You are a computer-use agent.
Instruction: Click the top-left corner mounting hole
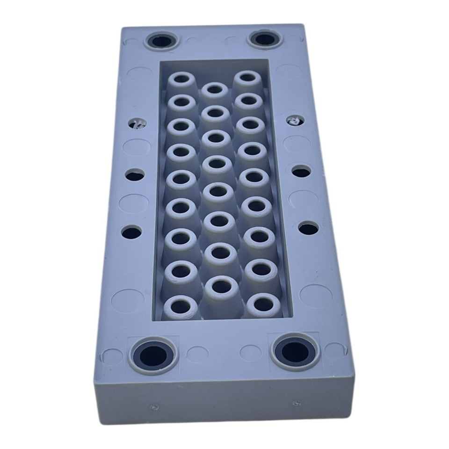coord(162,42)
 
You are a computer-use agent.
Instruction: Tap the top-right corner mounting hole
coord(264,39)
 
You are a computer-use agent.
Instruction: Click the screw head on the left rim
coord(138,123)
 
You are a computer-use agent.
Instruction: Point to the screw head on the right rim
coord(295,120)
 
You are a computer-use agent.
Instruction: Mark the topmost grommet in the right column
coord(247,77)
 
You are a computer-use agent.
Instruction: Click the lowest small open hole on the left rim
coord(132,231)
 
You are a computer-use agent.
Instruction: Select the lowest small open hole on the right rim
coord(308,229)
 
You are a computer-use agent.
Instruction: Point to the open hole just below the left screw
coord(135,175)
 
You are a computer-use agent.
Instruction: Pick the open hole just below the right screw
coord(301,172)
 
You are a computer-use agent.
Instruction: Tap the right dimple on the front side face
coord(296,403)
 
